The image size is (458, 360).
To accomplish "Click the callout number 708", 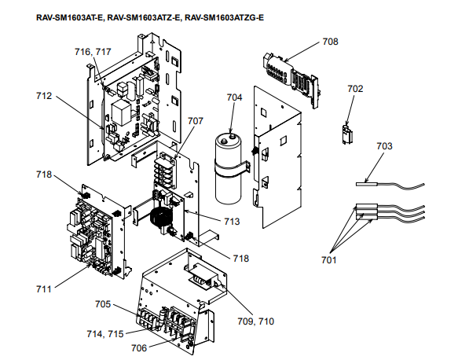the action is coord(331,42).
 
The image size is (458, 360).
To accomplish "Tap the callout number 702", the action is coord(355,89).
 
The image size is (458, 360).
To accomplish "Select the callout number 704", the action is coord(235,97).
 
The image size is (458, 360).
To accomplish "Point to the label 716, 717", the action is coord(93,52).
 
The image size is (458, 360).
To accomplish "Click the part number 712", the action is coord(44,96).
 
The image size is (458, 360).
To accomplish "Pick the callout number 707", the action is coord(195,121).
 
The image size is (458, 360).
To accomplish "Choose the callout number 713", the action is coord(232,222).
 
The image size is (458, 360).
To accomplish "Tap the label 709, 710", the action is coord(256,321).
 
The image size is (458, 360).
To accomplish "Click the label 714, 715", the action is coord(105,334).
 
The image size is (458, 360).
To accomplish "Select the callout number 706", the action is coord(139,348).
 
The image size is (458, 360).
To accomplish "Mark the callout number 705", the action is coord(103,304).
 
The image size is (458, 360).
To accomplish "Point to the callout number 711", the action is coord(44,289).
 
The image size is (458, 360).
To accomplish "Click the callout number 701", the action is coord(329,260).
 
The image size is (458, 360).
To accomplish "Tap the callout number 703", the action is coord(384,146).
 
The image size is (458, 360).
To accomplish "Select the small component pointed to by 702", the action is coord(347,134).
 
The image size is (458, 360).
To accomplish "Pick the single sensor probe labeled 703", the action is coord(390,186).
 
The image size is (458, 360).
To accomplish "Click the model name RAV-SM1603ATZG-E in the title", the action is coord(225,18).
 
